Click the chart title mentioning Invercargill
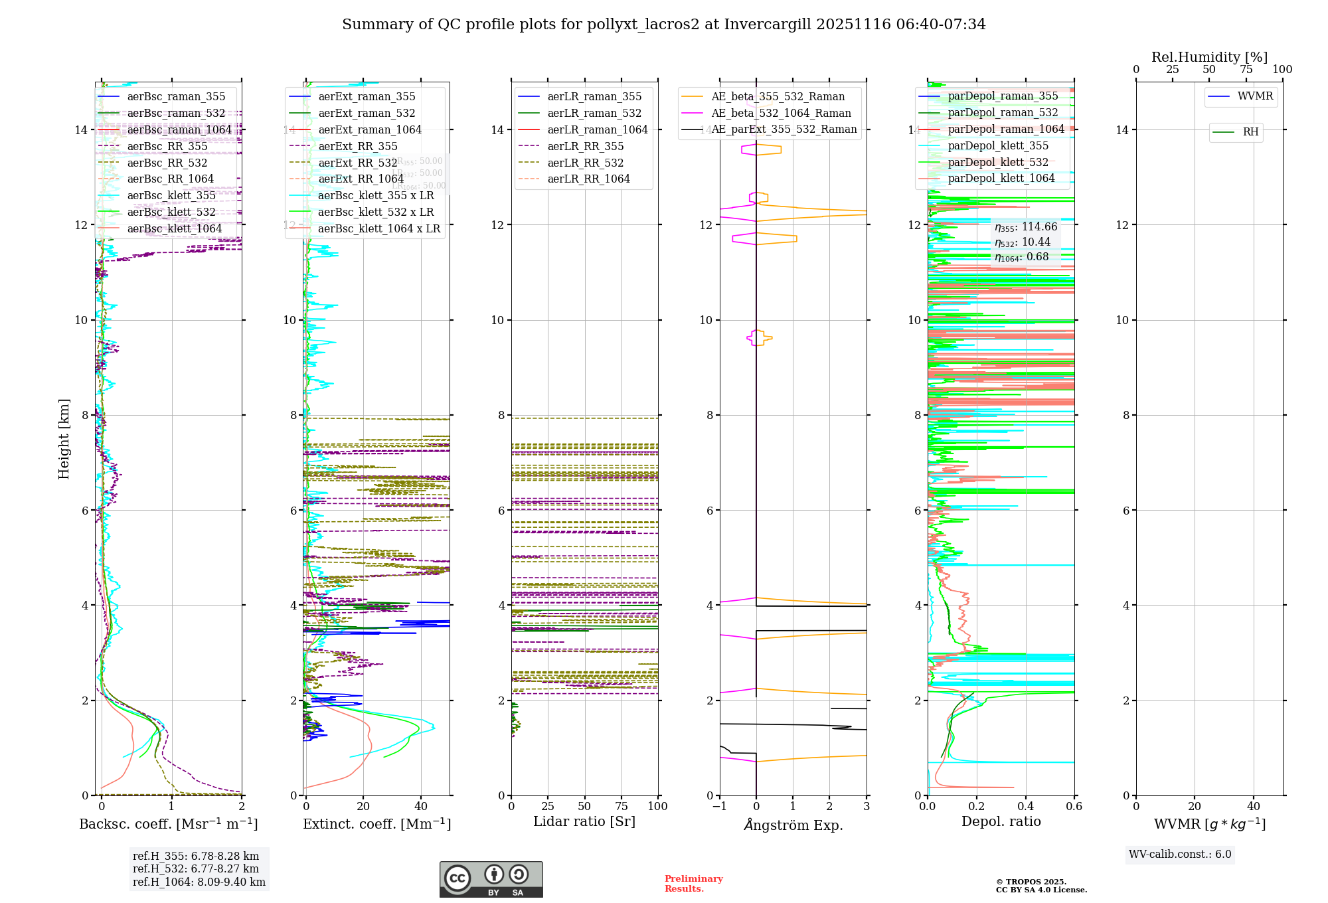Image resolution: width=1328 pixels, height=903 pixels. (663, 25)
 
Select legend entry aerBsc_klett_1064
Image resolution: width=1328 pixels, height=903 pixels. (174, 229)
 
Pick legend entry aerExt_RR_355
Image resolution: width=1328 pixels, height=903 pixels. (357, 147)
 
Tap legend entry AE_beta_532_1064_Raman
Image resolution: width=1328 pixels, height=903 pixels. (780, 114)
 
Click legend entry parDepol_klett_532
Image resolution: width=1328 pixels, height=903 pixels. (998, 163)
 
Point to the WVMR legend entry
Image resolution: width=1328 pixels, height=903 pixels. (1254, 96)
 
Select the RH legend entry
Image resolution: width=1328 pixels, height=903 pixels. (1250, 132)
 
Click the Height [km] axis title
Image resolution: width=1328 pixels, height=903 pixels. (64, 439)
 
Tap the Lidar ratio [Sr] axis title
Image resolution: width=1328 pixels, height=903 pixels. (584, 822)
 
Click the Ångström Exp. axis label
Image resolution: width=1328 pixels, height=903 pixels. (793, 825)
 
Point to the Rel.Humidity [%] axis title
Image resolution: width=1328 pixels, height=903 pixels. (1209, 57)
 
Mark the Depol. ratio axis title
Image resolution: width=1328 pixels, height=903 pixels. (1001, 822)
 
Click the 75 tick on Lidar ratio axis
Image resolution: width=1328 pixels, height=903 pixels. (622, 807)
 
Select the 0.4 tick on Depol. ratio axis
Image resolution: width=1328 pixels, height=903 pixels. (1025, 807)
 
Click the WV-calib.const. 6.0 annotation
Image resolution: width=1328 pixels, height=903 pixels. (1180, 855)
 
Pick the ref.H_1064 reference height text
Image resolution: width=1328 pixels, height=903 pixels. (199, 882)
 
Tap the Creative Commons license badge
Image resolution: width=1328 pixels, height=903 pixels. (491, 880)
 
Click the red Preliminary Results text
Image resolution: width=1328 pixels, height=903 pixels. (693, 884)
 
